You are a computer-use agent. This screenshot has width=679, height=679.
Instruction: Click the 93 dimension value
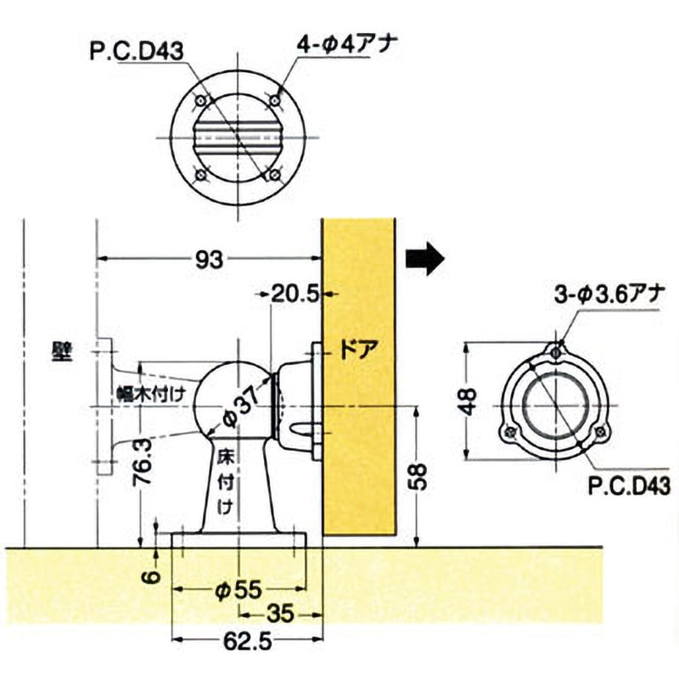pos(209,260)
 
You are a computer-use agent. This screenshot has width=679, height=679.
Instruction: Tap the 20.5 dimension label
pos(295,294)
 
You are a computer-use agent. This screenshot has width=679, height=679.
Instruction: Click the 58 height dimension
pos(418,476)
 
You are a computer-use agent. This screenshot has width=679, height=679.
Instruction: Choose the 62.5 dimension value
pos(248,641)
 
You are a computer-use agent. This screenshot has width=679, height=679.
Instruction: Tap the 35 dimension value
pos(281,614)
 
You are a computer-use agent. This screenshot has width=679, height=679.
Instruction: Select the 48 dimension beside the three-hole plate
pos(469,401)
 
